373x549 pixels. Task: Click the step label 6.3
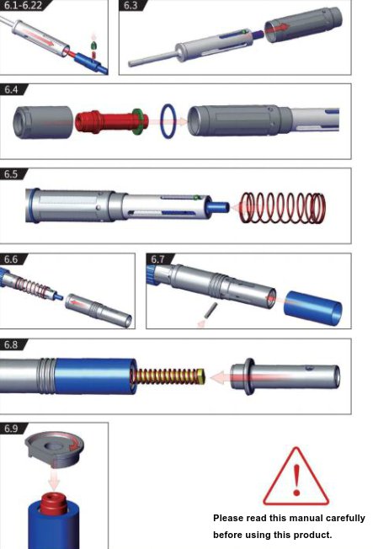point(131,6)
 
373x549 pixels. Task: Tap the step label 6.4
point(11,89)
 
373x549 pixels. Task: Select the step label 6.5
point(11,174)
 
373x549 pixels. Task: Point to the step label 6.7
point(157,259)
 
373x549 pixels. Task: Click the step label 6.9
point(11,429)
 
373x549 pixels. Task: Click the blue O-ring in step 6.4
point(162,120)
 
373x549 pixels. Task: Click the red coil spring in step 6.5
point(283,208)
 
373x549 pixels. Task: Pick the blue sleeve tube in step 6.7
point(312,308)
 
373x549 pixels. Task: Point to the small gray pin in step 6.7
point(210,311)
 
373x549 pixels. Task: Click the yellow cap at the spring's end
point(200,376)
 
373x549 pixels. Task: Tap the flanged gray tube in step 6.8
point(285,376)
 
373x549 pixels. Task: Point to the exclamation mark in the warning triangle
point(296,480)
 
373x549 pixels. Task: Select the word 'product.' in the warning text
point(312,535)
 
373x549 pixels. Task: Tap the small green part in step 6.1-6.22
point(93,45)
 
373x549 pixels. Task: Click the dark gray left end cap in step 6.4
point(43,122)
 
